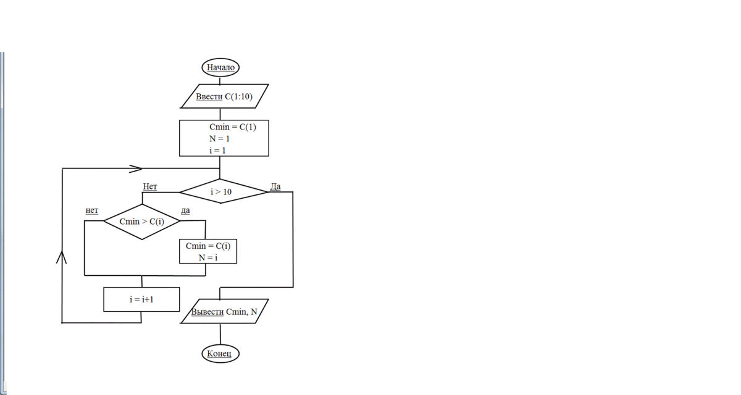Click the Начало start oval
pos(220,67)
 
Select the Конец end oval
pos(220,354)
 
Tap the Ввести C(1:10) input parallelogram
pos(225,96)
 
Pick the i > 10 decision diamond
pos(221,192)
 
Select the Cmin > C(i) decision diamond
pos(142,221)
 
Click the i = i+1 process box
pos(141,299)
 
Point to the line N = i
pos(208,257)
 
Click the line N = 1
pos(219,139)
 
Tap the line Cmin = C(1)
pos(232,127)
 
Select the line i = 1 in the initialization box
pos(217,150)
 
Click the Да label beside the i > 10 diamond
pos(275,186)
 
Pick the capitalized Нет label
pos(150,186)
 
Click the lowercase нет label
pos(92,210)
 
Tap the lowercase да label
pos(185,210)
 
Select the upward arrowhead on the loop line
pos(62,257)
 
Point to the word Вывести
pos(207,312)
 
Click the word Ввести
pos(209,96)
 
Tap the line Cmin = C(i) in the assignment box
pos(208,246)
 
